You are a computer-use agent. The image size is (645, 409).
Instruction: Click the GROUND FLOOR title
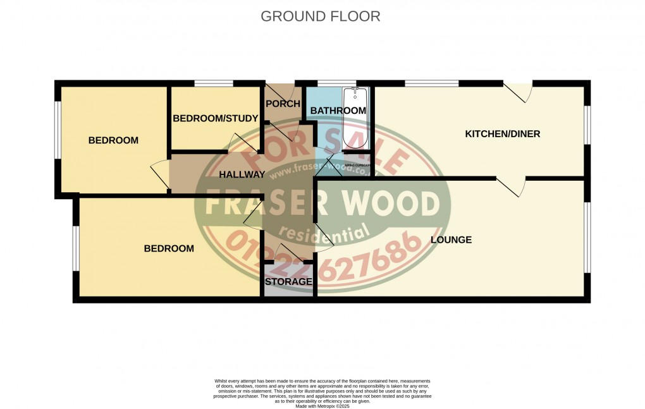(x=321, y=16)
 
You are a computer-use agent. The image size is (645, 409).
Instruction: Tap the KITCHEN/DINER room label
(x=502, y=134)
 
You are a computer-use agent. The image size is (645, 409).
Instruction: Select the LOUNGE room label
(x=451, y=240)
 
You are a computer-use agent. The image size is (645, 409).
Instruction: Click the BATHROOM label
(x=338, y=111)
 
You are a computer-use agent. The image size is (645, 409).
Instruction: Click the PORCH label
(x=283, y=104)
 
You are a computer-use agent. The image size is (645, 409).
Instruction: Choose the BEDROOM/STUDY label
(x=215, y=118)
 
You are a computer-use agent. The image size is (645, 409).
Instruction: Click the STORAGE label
(x=288, y=281)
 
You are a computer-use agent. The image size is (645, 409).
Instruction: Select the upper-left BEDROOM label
(x=113, y=140)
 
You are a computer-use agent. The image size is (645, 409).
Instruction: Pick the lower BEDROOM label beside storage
(x=169, y=248)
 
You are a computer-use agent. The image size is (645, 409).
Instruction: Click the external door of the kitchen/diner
(x=519, y=92)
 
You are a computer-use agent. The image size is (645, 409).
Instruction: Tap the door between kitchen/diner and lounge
(x=511, y=186)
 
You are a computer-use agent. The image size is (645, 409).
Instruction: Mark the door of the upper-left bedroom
(x=159, y=173)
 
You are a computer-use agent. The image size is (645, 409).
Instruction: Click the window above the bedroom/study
(x=214, y=83)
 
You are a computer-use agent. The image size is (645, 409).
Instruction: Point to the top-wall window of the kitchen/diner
(x=431, y=83)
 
